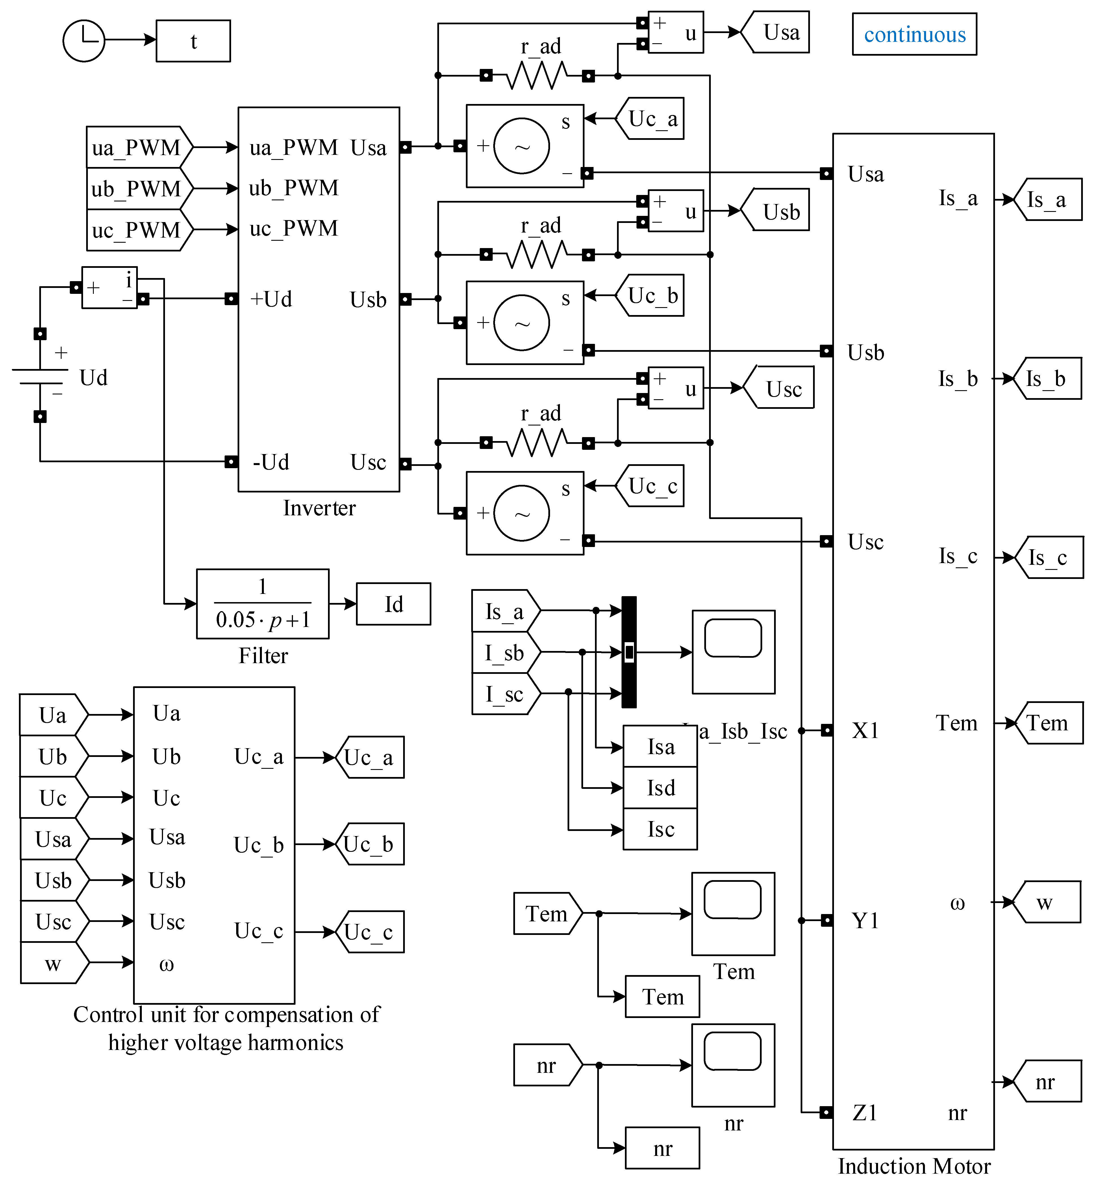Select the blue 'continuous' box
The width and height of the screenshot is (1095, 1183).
(x=914, y=34)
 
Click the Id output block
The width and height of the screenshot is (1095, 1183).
(x=394, y=604)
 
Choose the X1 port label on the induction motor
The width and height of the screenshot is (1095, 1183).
(x=865, y=730)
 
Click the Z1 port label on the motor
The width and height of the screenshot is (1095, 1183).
(x=865, y=1112)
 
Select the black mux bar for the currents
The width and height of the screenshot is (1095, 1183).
(x=629, y=652)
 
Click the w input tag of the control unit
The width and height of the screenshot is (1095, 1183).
(x=53, y=963)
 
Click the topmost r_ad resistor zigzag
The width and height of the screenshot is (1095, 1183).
(x=537, y=76)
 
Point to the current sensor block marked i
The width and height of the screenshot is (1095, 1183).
(x=110, y=287)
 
